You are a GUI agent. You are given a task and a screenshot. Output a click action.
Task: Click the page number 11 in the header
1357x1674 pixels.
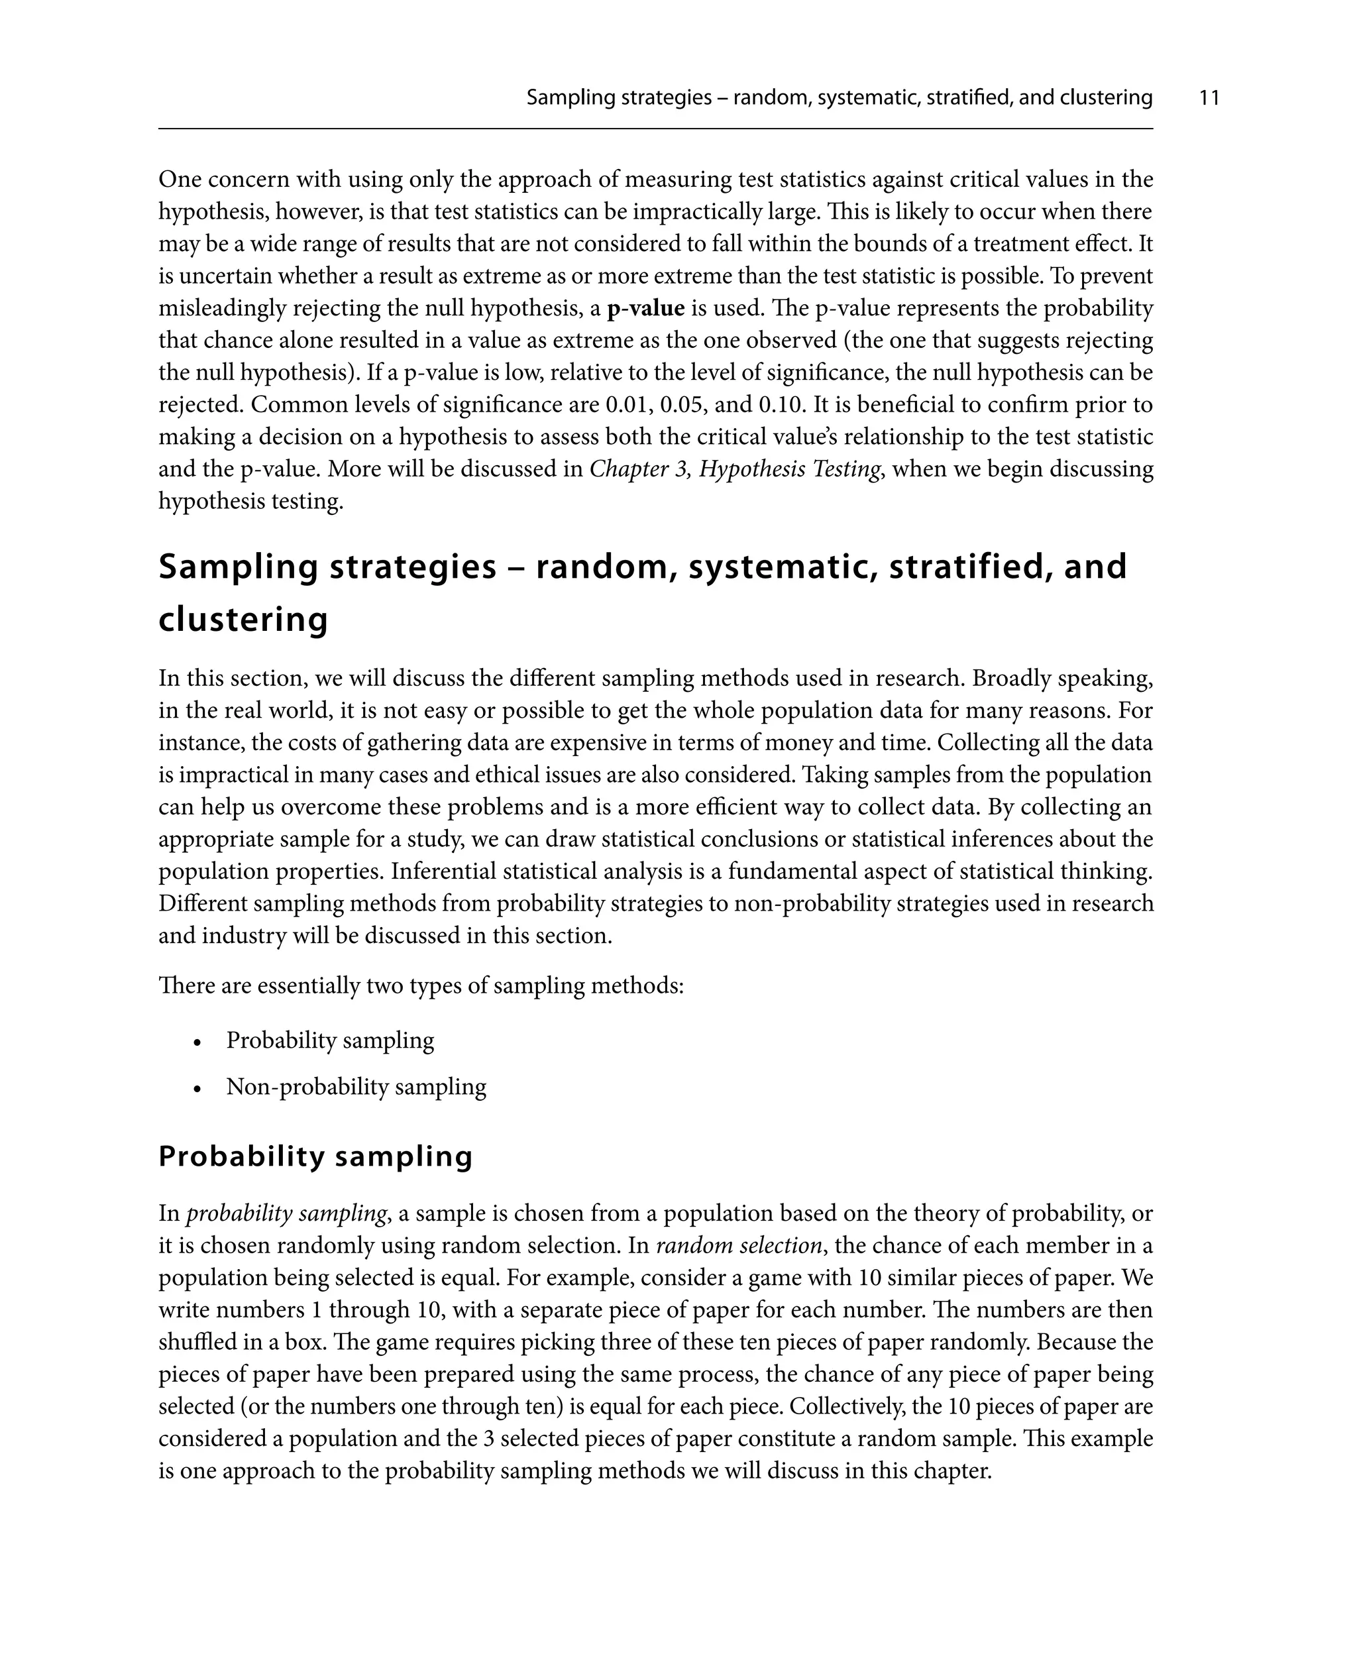[1209, 97]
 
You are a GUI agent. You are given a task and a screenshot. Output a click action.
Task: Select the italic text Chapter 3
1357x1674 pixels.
[639, 469]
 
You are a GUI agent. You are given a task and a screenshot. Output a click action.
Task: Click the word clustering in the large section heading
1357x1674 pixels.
[243, 620]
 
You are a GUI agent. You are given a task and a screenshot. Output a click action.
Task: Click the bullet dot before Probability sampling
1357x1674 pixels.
[199, 1042]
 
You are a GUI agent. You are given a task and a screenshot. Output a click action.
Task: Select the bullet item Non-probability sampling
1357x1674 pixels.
[356, 1087]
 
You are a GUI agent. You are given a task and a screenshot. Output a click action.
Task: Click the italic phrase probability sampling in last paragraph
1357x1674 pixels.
[286, 1213]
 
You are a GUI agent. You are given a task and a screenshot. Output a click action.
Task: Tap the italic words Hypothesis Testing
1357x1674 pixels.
[790, 469]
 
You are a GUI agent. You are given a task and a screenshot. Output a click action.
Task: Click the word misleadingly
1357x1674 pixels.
[222, 308]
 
